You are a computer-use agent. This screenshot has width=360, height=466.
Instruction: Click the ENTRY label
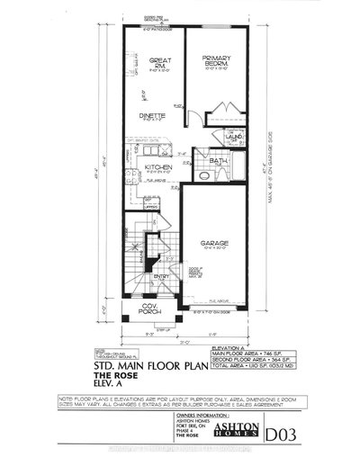click(x=159, y=276)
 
